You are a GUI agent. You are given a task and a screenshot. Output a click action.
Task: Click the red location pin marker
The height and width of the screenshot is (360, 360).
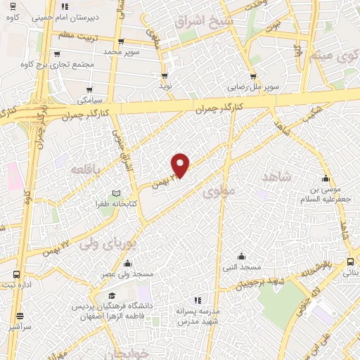181,165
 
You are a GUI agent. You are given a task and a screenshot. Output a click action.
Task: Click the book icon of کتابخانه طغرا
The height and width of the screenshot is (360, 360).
117,194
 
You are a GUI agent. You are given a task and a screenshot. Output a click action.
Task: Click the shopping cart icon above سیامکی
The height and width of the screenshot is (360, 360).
89,90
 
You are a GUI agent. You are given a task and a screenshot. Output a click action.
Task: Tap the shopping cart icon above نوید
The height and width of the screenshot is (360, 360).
165,75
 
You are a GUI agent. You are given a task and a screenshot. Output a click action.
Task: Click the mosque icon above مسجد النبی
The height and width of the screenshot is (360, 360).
241,256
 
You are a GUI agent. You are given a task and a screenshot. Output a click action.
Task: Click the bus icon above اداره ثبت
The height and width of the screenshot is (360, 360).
16,274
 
